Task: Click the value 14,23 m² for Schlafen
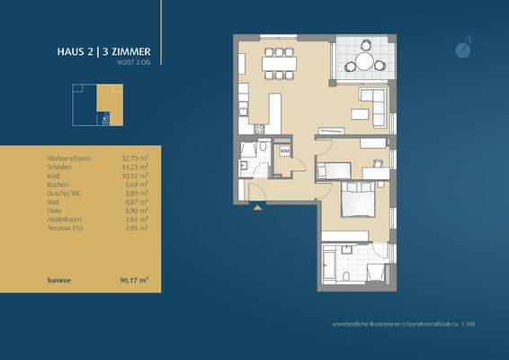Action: [135, 166]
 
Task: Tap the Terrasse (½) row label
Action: [65, 223]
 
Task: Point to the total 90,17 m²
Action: [133, 281]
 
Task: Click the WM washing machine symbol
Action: [283, 151]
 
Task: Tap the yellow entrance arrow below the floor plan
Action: [257, 208]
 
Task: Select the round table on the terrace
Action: [363, 61]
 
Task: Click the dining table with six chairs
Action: [279, 64]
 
